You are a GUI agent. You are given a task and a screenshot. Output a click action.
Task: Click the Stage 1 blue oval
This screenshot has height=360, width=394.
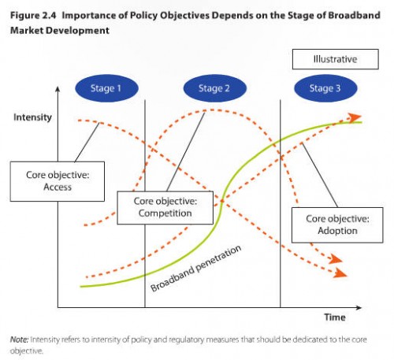[x=106, y=88]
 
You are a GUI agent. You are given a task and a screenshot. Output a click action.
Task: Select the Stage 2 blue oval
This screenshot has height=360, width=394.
[x=214, y=88]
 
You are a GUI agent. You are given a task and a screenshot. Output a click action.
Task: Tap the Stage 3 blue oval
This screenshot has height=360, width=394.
[x=325, y=88]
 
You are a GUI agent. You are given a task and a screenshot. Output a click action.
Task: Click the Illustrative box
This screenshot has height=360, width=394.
[x=336, y=59]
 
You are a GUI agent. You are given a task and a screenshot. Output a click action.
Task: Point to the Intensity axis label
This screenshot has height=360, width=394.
[x=32, y=117]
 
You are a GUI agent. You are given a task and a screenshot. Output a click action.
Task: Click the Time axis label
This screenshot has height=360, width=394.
[x=335, y=317]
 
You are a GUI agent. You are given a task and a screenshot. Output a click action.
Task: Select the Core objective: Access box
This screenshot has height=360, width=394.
[x=58, y=181]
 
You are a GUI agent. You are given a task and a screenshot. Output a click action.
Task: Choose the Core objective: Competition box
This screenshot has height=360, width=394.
[x=165, y=208]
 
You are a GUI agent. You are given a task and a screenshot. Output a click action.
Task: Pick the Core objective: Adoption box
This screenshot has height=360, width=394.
[x=337, y=225]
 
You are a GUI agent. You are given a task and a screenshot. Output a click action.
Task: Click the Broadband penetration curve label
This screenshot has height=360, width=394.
[x=195, y=268]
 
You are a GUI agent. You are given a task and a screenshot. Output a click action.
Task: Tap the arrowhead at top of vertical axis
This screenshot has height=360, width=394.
[x=58, y=89]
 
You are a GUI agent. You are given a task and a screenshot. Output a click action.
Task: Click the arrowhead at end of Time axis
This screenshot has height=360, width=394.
[x=359, y=307]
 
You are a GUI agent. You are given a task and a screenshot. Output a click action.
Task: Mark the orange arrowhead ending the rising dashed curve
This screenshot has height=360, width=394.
[x=355, y=117]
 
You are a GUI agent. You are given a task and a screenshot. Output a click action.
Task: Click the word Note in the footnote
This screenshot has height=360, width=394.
[x=19, y=340]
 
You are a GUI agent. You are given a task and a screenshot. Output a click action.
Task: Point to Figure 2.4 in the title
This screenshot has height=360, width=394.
[x=33, y=15]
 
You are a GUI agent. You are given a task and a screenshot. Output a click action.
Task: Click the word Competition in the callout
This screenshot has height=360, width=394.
[x=165, y=213]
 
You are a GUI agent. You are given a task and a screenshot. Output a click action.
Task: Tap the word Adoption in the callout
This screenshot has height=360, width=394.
[x=337, y=231]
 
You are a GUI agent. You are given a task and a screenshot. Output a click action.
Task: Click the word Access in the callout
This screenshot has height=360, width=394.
[x=58, y=187]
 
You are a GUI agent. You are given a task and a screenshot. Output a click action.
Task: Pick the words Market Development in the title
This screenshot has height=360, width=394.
[x=60, y=31]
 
